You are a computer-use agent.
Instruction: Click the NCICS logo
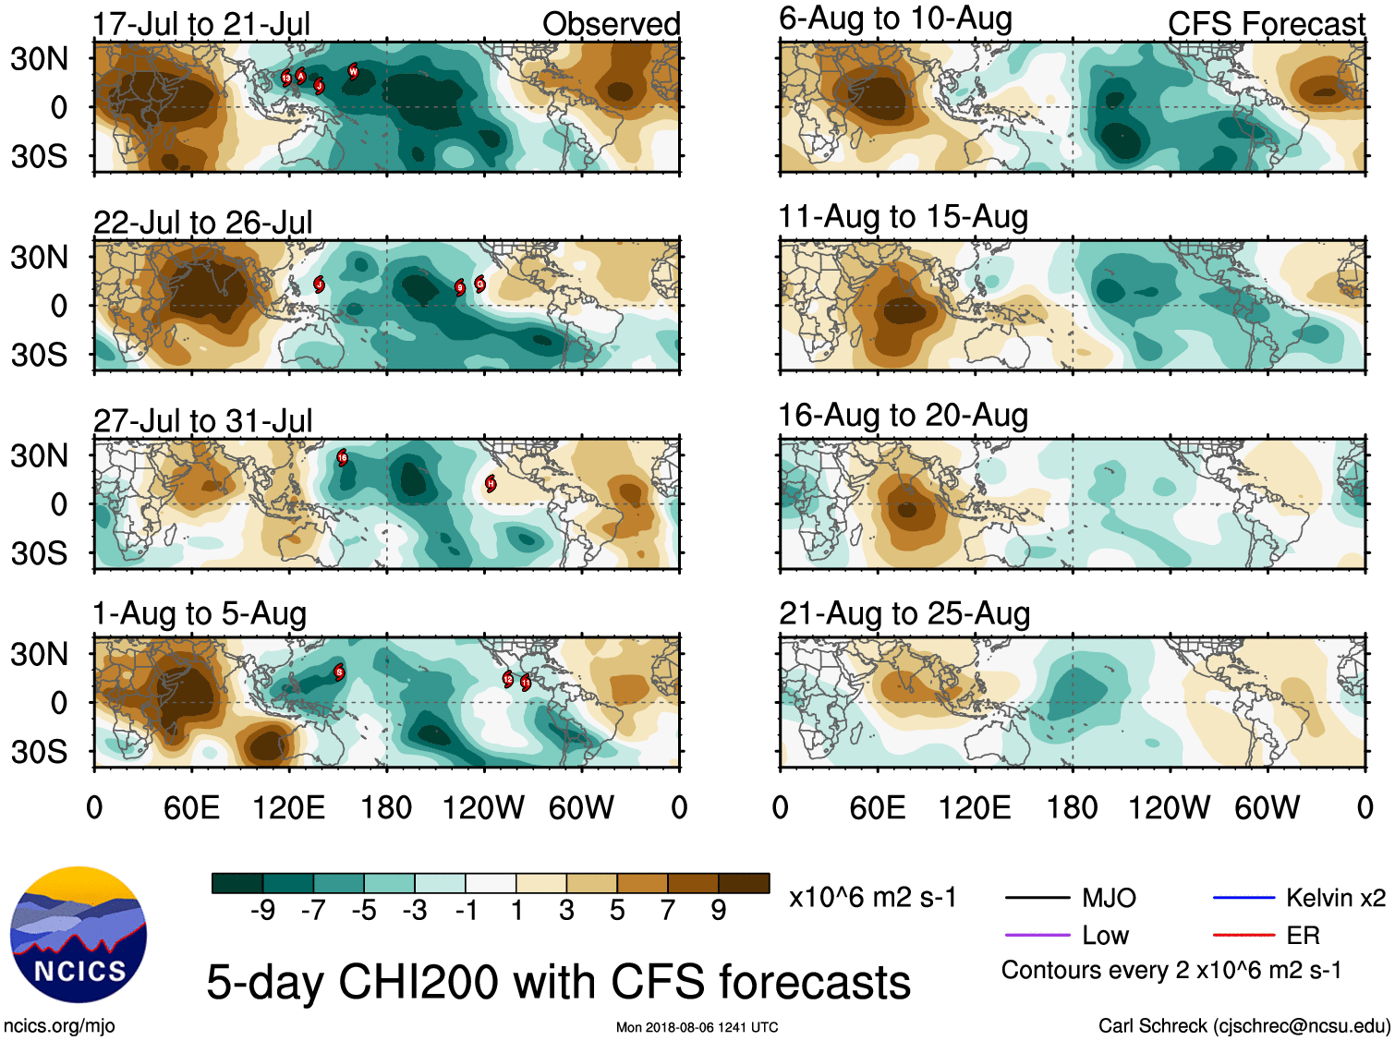pyautogui.click(x=79, y=934)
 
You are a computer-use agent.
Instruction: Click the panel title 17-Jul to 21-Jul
pyautogui.click(x=201, y=24)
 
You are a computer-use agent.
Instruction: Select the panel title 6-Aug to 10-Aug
pyautogui.click(x=895, y=18)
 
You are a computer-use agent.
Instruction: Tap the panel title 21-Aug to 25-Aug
pyautogui.click(x=904, y=613)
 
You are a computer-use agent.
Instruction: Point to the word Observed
pyautogui.click(x=611, y=24)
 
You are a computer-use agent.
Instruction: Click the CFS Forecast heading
pyautogui.click(x=1266, y=24)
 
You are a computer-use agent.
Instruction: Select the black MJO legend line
pyautogui.click(x=1037, y=897)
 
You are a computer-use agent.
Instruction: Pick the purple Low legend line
pyautogui.click(x=1037, y=935)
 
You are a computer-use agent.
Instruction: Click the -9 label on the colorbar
pyautogui.click(x=263, y=911)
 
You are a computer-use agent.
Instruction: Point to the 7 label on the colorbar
pyautogui.click(x=668, y=911)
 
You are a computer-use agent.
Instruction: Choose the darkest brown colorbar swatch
pyautogui.click(x=744, y=883)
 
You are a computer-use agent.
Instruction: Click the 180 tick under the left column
pyautogui.click(x=386, y=808)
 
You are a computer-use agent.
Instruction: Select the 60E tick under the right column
pyautogui.click(x=877, y=808)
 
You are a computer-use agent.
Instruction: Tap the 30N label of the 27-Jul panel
pyautogui.click(x=39, y=455)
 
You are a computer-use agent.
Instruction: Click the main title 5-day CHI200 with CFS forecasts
pyautogui.click(x=558, y=981)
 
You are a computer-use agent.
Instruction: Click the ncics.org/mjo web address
pyautogui.click(x=59, y=1025)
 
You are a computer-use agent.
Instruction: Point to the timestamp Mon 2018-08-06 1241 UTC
pyautogui.click(x=697, y=1027)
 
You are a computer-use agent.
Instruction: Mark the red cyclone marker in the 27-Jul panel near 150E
pyautogui.click(x=342, y=456)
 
